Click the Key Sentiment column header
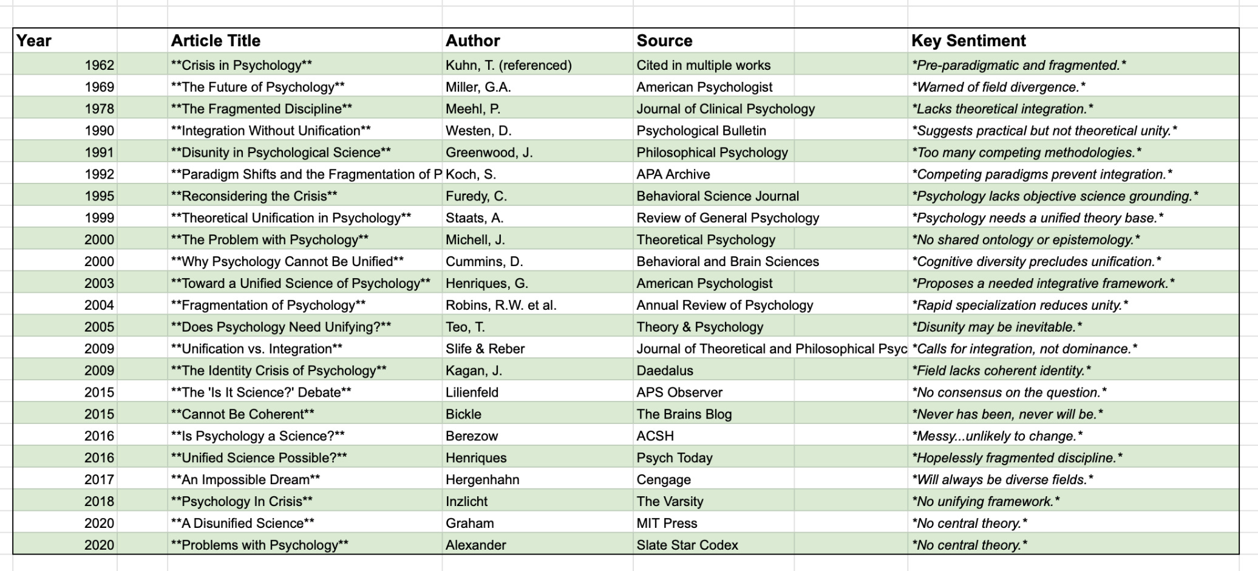tap(968, 41)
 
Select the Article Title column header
tap(216, 41)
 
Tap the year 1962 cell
tap(99, 65)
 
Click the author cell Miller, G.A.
tap(478, 87)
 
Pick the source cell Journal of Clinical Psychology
tap(726, 109)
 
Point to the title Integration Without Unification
tap(271, 131)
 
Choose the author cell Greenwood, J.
tap(489, 152)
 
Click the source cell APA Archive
tap(673, 174)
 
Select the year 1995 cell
tap(99, 196)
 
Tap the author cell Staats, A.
tap(474, 218)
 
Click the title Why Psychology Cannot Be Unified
tap(287, 262)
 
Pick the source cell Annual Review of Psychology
tap(724, 306)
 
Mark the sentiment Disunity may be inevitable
tap(996, 327)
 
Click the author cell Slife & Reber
tap(485, 349)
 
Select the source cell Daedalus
tap(664, 371)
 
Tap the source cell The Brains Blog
tap(684, 415)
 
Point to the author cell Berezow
tap(472, 436)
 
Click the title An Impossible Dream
tap(245, 480)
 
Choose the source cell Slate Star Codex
tap(687, 545)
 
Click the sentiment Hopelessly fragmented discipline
tap(1017, 458)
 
